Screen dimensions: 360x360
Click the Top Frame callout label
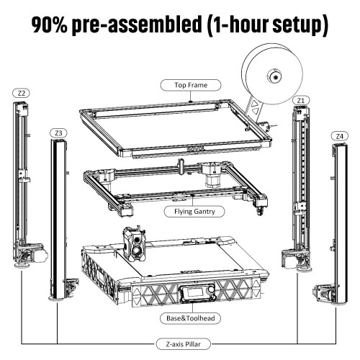click(191, 85)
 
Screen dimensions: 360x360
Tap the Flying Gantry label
click(194, 212)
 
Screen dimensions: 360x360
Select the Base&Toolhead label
click(190, 318)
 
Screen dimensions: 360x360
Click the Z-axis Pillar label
click(184, 344)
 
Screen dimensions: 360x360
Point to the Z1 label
click(301, 100)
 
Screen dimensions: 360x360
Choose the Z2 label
click(22, 93)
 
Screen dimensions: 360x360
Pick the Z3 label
click(58, 132)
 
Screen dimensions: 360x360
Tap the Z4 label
click(339, 136)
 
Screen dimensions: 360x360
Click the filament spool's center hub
click(274, 77)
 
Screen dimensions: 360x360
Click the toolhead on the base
click(135, 243)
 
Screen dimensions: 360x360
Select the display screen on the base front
click(195, 292)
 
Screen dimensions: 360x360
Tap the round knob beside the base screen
click(211, 290)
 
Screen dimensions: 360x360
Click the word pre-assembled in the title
click(137, 24)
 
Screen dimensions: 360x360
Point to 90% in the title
click(49, 24)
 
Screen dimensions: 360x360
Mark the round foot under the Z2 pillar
click(22, 265)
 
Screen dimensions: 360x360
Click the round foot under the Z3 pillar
click(56, 298)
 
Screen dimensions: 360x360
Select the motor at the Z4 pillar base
click(323, 292)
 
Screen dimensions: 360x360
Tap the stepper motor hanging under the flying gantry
click(213, 179)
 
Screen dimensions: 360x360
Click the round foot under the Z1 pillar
click(305, 269)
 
